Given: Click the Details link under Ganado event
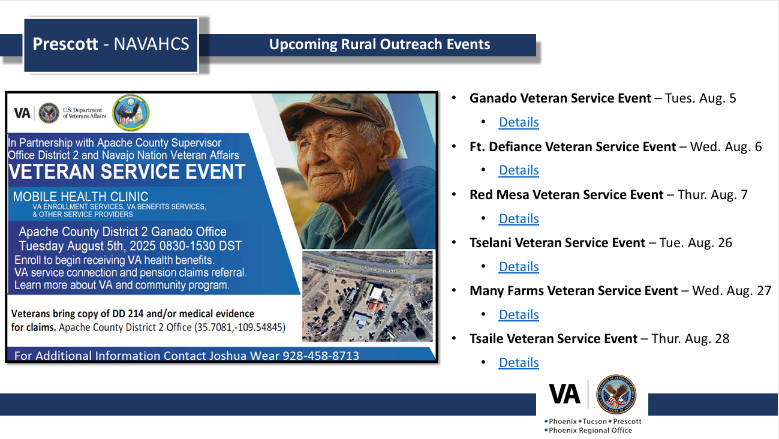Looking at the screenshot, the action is point(519,122).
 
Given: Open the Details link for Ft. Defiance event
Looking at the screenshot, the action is point(519,170).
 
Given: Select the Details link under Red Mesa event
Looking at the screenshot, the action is point(519,218).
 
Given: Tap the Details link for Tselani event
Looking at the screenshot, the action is point(519,266).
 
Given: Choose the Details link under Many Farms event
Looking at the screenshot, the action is point(519,314).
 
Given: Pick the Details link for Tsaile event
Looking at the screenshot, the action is point(519,362).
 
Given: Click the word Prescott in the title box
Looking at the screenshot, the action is point(65,44).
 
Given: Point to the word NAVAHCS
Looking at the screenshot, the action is point(151,44).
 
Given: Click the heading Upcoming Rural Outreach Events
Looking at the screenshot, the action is point(380,44).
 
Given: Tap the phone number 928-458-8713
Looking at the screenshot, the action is point(321,356).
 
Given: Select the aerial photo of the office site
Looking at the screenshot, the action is point(368,296).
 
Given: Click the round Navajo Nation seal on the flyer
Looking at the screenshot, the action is point(131,113).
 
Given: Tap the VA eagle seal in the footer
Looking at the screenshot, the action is point(616,394).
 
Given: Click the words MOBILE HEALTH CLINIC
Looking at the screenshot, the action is point(81,197).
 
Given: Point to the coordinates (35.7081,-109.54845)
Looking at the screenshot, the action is point(240,327).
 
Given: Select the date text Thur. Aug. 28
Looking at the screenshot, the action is point(690,338).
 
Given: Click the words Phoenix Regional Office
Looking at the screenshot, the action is point(590,430).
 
